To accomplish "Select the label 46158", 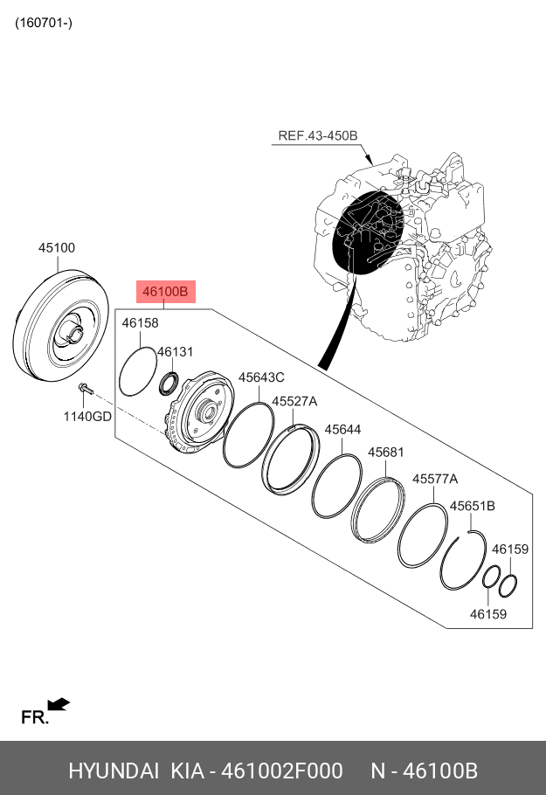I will [x=140, y=323].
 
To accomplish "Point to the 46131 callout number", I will [x=175, y=352].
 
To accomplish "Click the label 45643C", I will [x=261, y=377].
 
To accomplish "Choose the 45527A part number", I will [x=294, y=401].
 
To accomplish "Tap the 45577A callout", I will [x=435, y=479].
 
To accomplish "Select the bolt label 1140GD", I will [x=86, y=416].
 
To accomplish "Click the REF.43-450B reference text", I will [x=318, y=135].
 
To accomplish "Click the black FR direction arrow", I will [x=59, y=703].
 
